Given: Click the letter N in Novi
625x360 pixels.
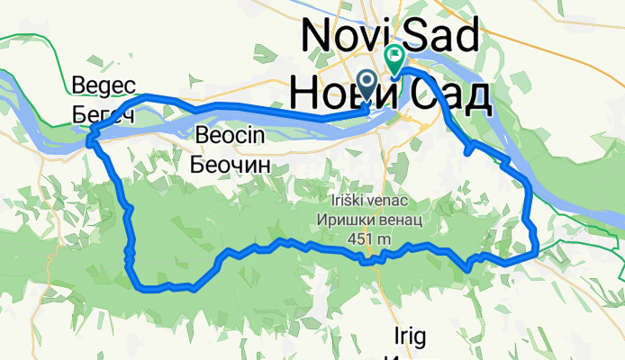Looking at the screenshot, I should (x=315, y=36).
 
